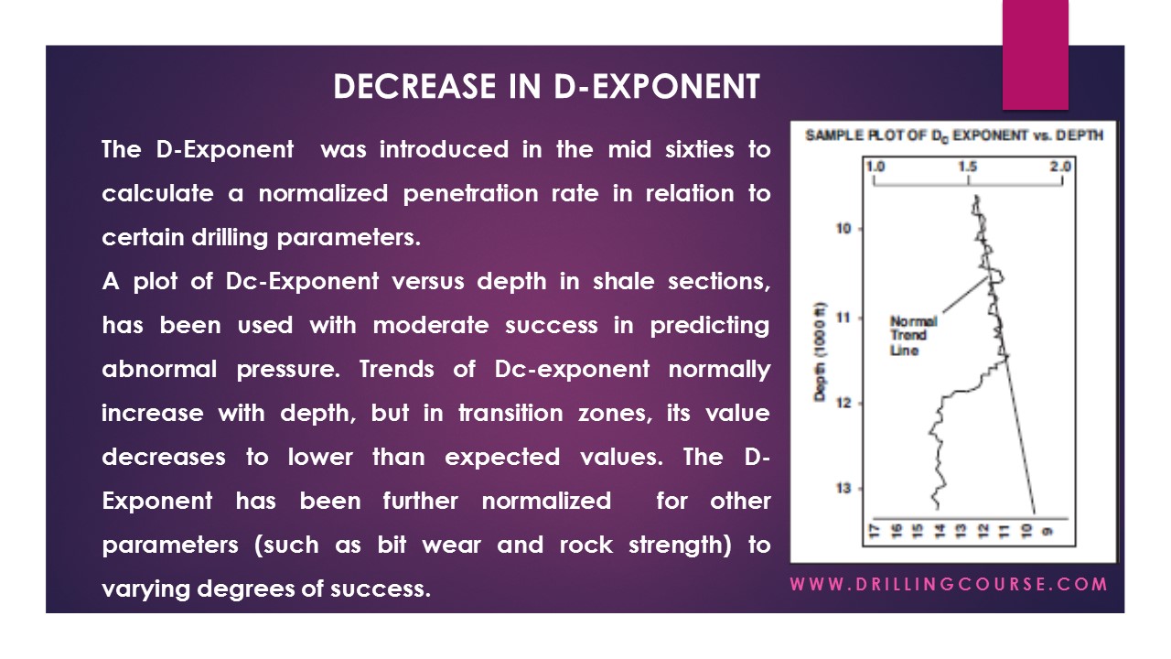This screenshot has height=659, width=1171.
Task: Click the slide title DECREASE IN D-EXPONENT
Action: click(546, 86)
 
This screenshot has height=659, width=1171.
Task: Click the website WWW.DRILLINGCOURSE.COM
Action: click(949, 584)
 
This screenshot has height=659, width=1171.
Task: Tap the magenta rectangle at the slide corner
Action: click(1035, 54)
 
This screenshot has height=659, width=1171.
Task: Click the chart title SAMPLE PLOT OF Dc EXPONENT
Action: click(953, 135)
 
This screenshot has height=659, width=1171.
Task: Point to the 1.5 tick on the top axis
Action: click(968, 167)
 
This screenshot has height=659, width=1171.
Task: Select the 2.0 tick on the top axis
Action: click(1061, 167)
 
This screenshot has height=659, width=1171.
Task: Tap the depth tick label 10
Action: click(843, 228)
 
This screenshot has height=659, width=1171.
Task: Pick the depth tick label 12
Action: click(843, 403)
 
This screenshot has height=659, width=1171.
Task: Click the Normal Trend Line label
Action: click(912, 336)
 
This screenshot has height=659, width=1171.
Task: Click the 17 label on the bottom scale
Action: click(875, 530)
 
